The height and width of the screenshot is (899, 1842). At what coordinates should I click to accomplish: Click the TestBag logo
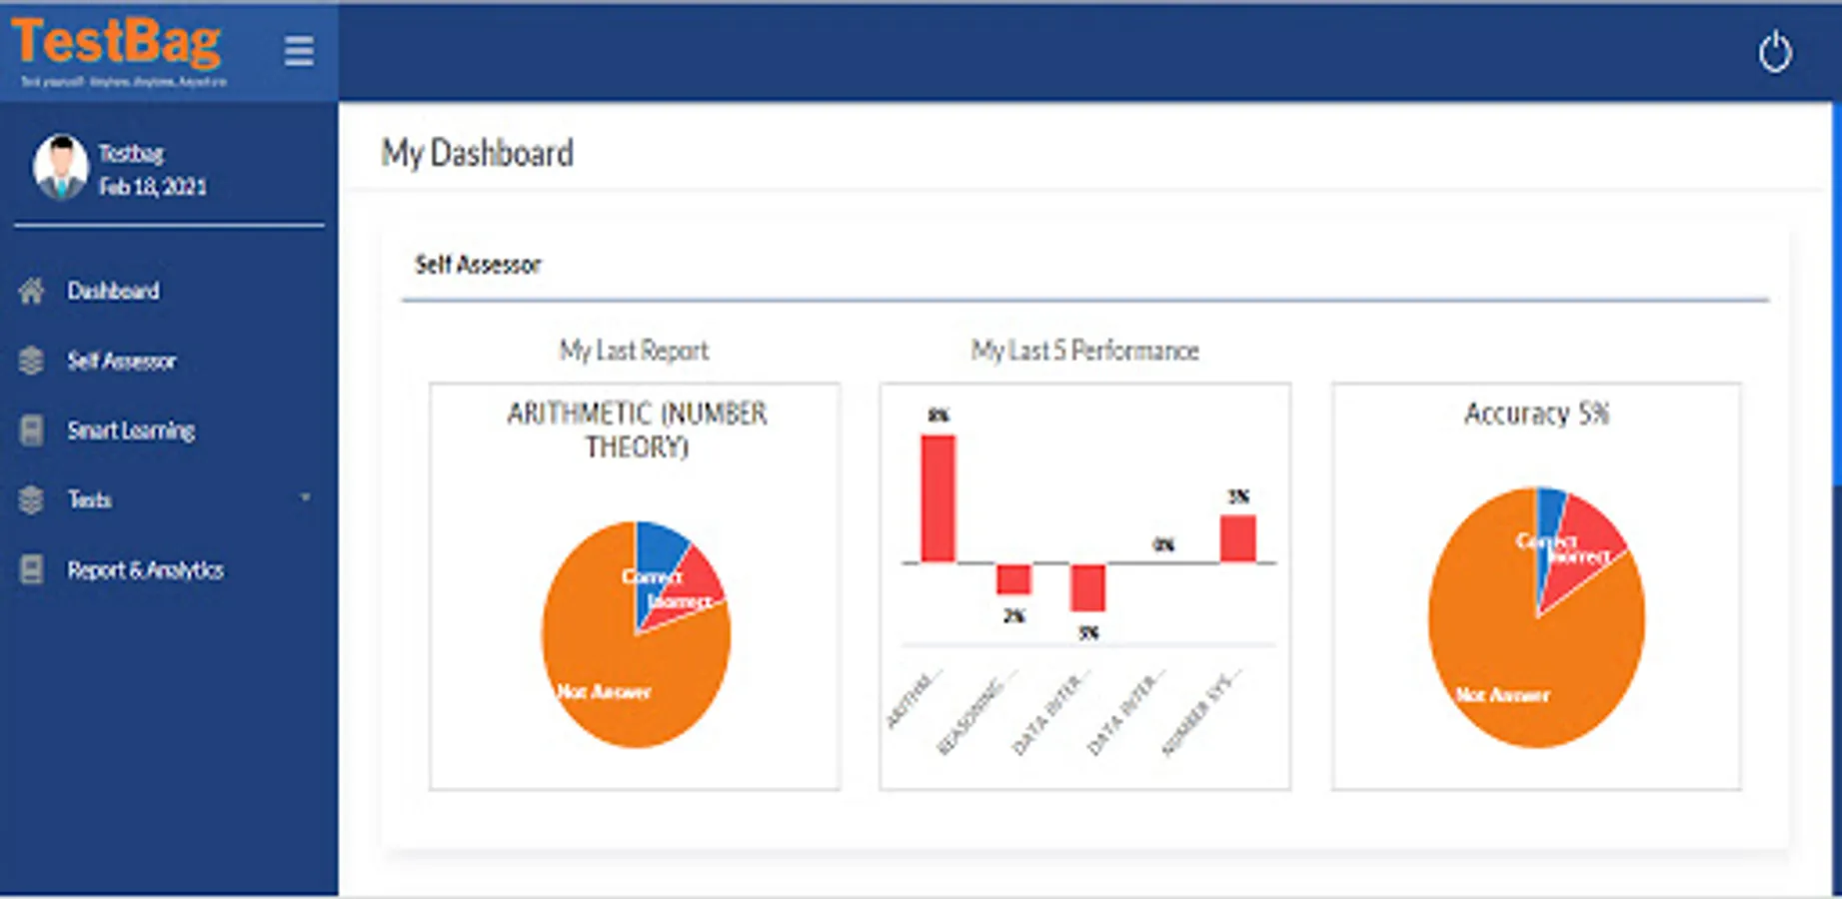(x=117, y=45)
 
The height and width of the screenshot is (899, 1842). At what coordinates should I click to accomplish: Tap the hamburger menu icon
(x=299, y=51)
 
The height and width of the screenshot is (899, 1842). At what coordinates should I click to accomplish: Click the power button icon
(x=1774, y=52)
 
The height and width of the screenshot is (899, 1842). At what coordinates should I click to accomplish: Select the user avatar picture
(x=61, y=166)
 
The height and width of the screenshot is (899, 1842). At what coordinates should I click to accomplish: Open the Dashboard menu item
(x=113, y=291)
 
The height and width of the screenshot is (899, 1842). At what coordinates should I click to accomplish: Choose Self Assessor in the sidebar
(x=121, y=361)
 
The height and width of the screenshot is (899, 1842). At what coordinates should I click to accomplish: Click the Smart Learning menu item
(x=131, y=431)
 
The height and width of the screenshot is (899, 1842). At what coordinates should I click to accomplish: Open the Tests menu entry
(x=89, y=499)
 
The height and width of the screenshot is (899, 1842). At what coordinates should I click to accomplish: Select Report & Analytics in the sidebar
(x=145, y=570)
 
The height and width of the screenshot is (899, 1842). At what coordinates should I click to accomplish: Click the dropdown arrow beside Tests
(x=306, y=497)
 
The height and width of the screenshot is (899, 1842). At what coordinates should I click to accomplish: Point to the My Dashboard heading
(x=477, y=154)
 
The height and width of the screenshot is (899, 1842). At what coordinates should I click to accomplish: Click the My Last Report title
(x=634, y=351)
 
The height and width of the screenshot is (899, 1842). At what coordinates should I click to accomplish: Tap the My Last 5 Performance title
(x=1084, y=351)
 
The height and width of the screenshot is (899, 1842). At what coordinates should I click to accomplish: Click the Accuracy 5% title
(x=1536, y=414)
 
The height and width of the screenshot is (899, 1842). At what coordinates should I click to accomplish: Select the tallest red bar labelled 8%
(x=937, y=497)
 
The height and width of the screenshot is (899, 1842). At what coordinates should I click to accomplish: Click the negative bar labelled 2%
(x=1013, y=579)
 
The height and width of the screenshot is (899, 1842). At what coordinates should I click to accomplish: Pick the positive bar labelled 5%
(x=1237, y=538)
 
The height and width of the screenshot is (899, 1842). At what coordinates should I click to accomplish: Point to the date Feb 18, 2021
(x=153, y=187)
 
